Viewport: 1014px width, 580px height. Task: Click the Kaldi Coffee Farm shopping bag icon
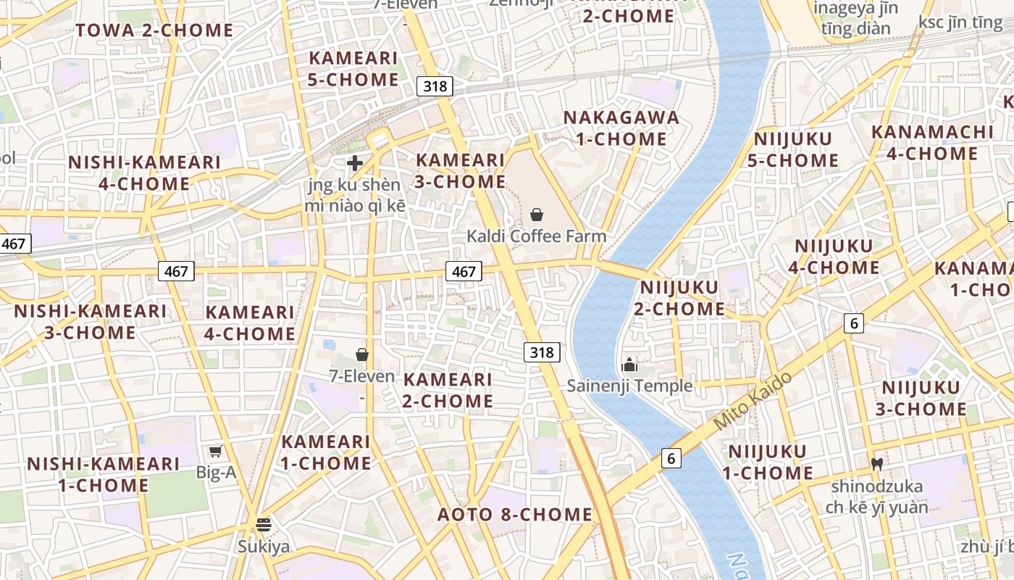pos(537,215)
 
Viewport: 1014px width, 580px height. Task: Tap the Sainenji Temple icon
pos(629,364)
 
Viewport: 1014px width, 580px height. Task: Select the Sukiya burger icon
pos(264,524)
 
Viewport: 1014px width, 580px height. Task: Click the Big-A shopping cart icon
pos(215,452)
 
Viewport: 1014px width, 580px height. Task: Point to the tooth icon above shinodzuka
pos(876,464)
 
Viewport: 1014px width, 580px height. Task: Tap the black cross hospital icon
pos(355,163)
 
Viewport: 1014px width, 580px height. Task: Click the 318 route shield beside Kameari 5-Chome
pos(435,86)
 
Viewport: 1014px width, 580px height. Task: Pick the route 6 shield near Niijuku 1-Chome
pos(671,458)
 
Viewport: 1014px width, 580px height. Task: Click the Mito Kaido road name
pos(753,401)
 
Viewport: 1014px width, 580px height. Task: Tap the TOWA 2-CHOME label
pos(155,30)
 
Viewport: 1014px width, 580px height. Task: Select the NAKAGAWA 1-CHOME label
pos(621,128)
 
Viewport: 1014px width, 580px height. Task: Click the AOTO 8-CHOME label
pos(515,515)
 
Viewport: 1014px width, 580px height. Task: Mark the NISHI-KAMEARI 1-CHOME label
pos(104,475)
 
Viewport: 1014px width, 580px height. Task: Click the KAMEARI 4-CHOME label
pos(250,323)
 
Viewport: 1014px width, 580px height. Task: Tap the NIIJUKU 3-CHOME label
pos(921,398)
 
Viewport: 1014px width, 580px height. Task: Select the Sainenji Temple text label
pos(629,386)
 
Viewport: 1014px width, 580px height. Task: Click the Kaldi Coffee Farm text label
pos(537,236)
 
